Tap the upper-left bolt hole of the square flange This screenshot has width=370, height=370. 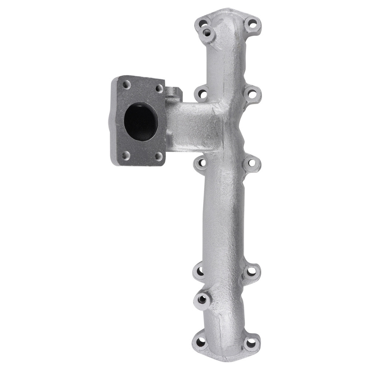click(127, 85)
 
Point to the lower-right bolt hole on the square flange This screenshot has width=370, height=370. click(158, 156)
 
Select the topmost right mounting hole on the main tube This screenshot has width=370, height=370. click(252, 25)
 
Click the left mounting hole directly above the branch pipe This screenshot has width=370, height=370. click(202, 94)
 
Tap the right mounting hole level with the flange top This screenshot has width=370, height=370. click(252, 94)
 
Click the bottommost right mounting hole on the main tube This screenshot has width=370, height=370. click(252, 342)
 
